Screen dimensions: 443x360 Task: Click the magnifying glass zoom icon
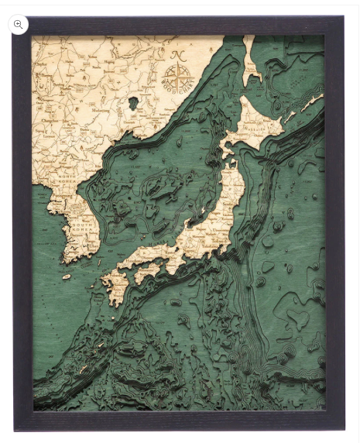[x=19, y=24]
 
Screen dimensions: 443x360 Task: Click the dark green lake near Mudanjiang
[x=133, y=102]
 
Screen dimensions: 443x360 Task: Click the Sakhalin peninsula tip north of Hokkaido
[x=249, y=66]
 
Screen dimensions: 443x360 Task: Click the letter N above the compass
[x=177, y=56]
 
